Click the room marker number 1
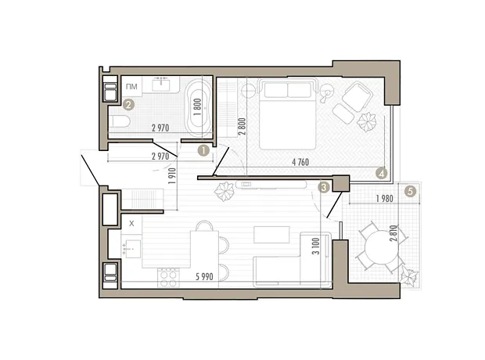203,151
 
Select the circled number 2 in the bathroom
128,105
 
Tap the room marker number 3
324,187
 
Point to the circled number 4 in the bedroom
382,173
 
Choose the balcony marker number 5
410,192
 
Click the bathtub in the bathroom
198,106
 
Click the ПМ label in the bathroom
131,86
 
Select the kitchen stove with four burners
168,278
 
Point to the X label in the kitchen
131,223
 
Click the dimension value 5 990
204,277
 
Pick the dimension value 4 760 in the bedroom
300,161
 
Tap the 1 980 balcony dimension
384,199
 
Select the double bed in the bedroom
287,114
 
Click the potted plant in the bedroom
366,121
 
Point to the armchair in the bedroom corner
357,96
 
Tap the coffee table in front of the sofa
271,235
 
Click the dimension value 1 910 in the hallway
172,176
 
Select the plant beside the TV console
225,192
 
